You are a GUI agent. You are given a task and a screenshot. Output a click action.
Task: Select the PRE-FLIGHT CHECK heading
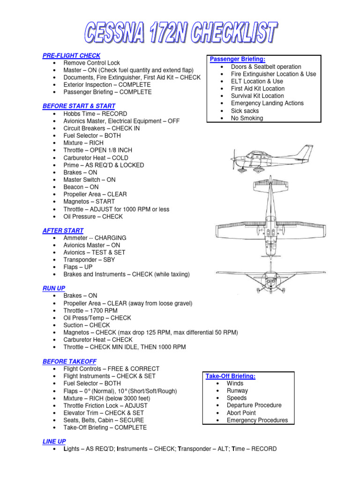71,56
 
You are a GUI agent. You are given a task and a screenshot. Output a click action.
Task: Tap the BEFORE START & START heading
79,106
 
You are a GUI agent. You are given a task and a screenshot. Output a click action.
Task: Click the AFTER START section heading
63,231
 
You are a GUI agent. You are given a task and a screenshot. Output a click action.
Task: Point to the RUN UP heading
54,289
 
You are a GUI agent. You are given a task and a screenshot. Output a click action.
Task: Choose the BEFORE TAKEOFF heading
69,361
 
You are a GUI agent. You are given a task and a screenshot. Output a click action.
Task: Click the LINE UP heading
54,441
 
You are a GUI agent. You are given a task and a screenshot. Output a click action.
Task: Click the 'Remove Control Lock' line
92,63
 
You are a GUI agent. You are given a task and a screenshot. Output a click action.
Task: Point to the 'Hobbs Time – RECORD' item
95,114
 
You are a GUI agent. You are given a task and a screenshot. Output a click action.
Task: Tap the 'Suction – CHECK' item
87,325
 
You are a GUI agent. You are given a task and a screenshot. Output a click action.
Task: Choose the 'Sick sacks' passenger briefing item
245,111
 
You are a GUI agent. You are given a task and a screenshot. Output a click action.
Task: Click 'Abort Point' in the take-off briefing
241,413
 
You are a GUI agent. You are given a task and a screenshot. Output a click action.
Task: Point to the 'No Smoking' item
247,118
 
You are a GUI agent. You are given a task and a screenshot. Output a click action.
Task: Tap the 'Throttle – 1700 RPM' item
90,310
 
